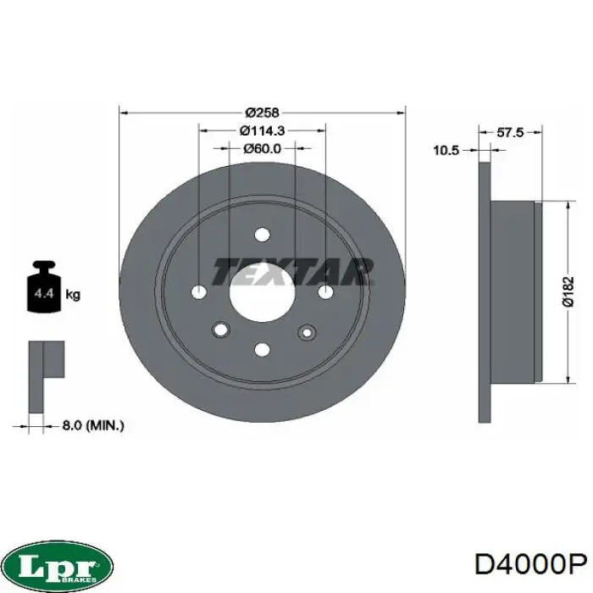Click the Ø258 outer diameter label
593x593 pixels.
point(263,112)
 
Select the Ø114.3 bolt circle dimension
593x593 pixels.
point(263,130)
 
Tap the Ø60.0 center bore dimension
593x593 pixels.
point(263,148)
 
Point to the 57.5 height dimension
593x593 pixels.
point(509,133)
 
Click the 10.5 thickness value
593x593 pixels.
point(446,151)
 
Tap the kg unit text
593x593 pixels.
point(74,295)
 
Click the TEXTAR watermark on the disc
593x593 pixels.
point(292,272)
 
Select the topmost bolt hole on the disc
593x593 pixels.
point(263,235)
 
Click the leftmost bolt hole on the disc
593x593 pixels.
point(199,292)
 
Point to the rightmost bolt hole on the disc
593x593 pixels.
point(326,292)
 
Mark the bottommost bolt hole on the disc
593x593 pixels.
point(263,349)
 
